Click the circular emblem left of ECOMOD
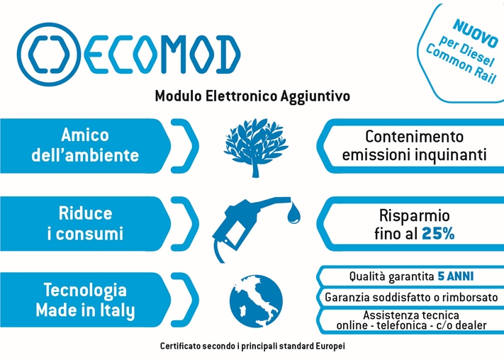point(49,55)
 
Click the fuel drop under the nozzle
point(293,213)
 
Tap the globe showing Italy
point(256,301)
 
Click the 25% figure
point(438,234)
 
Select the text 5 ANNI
point(456,276)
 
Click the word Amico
point(85,135)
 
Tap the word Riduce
point(86,213)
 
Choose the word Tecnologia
point(85,291)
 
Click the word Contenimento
point(414,137)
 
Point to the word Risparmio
point(414,215)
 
